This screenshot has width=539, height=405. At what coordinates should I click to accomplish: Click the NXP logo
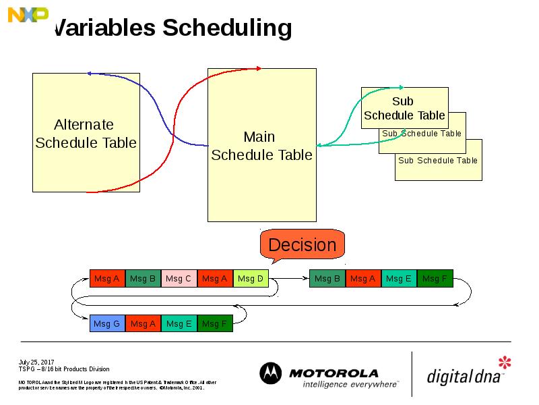coord(28,14)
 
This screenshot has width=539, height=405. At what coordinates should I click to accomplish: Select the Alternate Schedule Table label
coord(85,134)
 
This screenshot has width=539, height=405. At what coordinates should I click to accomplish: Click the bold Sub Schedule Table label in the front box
coord(404,108)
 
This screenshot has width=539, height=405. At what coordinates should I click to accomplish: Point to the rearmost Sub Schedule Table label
coord(437,161)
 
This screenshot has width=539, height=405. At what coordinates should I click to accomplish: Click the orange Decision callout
coord(302,244)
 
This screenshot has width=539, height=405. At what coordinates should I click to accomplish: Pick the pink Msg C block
coord(179,278)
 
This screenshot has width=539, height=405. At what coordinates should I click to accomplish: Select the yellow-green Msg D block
coord(251,278)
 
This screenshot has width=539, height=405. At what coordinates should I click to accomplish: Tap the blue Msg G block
coord(107,324)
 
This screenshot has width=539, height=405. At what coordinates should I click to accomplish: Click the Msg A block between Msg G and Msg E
coord(143,324)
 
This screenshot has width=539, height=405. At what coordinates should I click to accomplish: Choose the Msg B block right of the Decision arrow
coord(327,278)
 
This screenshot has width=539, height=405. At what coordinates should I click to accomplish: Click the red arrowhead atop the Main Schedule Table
coord(258,68)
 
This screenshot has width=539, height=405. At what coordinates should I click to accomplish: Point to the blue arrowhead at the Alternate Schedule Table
coord(90,73)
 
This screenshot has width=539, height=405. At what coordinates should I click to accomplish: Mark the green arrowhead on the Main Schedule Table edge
coord(319,145)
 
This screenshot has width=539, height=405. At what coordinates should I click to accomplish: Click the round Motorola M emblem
coord(271,374)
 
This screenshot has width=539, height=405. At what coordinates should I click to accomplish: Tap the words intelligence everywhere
coord(350,384)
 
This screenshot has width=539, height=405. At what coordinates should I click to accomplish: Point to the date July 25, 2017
coord(36,362)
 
